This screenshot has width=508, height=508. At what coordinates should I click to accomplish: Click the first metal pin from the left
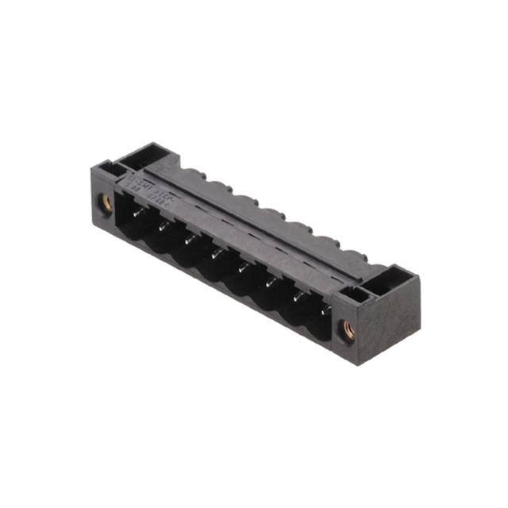(137, 209)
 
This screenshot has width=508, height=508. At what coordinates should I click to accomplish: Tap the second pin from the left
(162, 225)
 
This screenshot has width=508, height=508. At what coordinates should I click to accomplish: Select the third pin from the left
(189, 237)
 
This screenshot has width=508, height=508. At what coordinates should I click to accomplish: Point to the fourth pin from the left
(216, 252)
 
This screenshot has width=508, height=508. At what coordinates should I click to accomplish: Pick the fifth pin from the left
(243, 266)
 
